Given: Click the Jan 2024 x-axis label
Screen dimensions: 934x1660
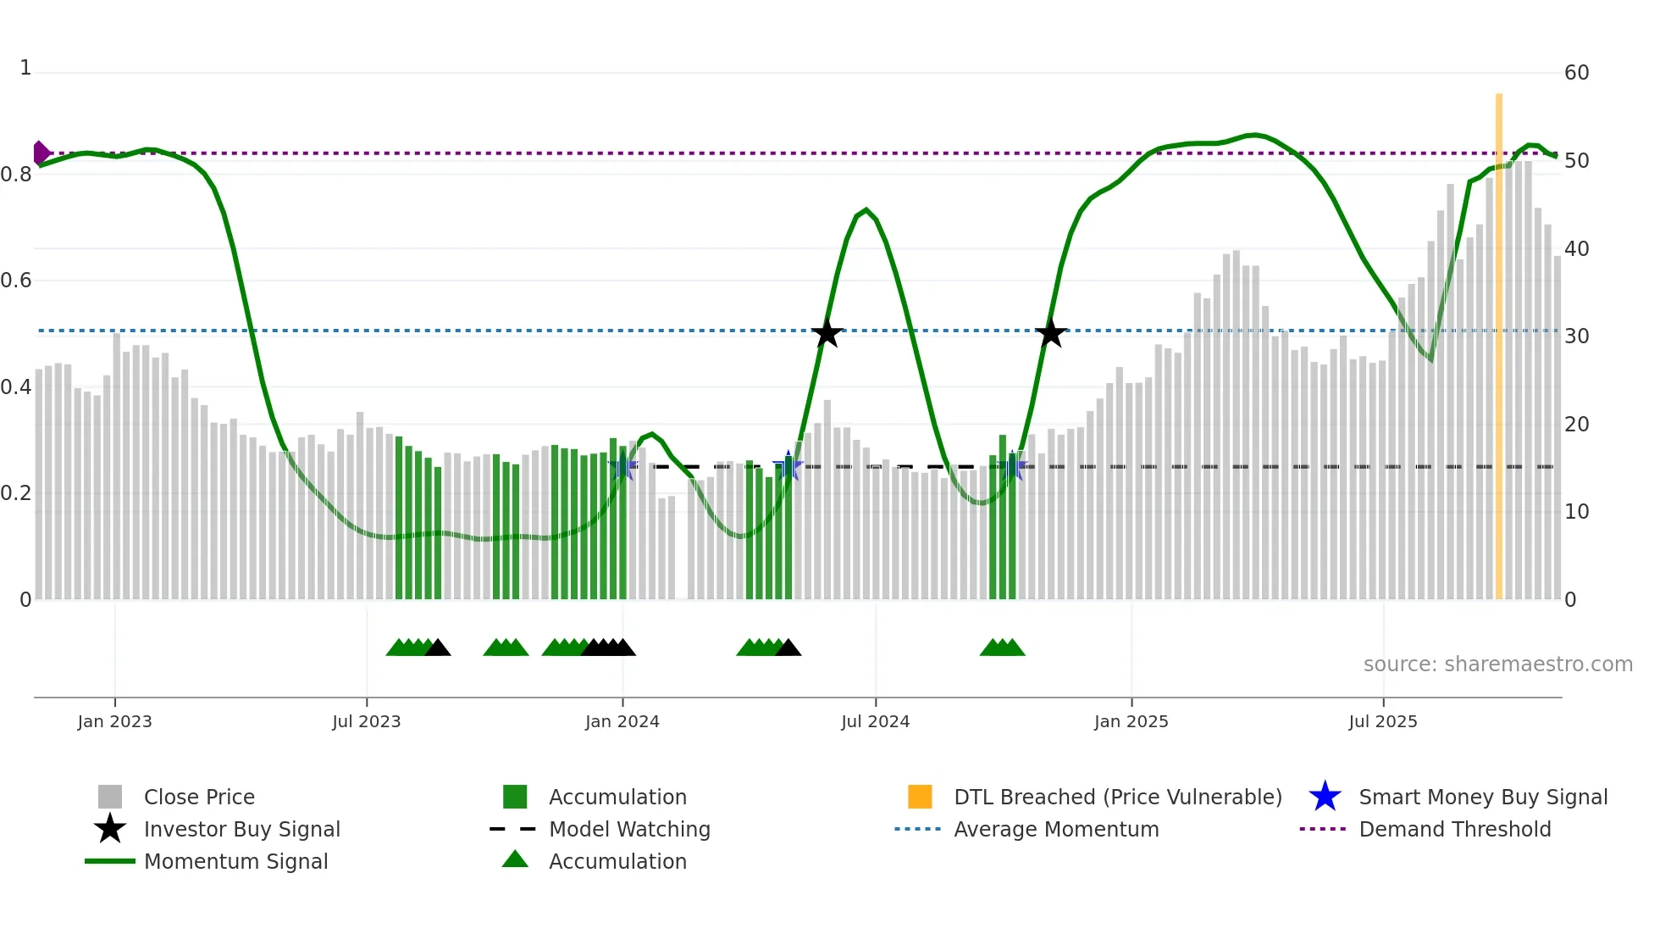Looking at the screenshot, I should [x=622, y=721].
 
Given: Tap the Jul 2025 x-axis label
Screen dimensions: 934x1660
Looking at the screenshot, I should [x=1382, y=721].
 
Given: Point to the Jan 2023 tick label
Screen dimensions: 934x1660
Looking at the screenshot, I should [x=114, y=721].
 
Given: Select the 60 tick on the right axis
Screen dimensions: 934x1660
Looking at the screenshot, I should [x=1576, y=73].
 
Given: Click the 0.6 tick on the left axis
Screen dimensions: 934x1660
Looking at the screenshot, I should [x=17, y=281].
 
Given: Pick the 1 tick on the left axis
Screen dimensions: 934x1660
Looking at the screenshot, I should [x=25, y=68].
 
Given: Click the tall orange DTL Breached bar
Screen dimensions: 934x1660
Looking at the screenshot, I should [x=1498, y=339].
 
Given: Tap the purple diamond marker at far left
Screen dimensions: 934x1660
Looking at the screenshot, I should [x=41, y=153].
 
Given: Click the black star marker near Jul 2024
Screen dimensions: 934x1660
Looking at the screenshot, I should [x=827, y=333].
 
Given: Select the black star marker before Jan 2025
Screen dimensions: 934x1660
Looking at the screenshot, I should [x=1050, y=333].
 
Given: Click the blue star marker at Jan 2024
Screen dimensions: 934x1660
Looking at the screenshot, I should [x=623, y=466].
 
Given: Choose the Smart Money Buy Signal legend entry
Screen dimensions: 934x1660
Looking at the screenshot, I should [x=1482, y=797].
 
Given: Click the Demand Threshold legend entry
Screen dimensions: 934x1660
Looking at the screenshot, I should [x=1454, y=829].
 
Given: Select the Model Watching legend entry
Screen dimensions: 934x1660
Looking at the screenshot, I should [x=628, y=829].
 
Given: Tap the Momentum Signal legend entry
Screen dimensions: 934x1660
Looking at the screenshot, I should [x=235, y=861].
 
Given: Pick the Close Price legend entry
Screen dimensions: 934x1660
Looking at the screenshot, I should [x=199, y=797].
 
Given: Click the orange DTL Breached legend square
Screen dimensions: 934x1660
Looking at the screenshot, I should [x=920, y=797].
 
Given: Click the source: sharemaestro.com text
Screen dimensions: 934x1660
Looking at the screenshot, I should [x=1497, y=664].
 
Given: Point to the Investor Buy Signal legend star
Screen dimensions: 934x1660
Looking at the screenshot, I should [x=110, y=829].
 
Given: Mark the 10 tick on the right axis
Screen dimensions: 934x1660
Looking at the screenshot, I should [x=1576, y=512].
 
